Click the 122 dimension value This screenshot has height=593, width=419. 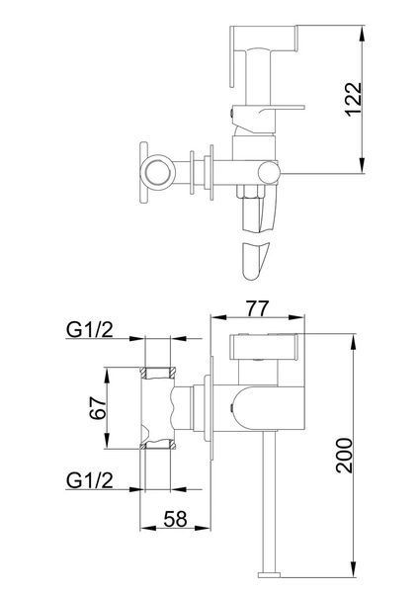pyautogui.click(x=354, y=100)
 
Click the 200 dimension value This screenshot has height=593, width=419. pyautogui.click(x=344, y=455)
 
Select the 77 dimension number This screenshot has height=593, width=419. pyautogui.click(x=257, y=309)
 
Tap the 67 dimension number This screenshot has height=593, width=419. pyautogui.click(x=98, y=407)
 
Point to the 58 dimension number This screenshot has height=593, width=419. pyautogui.click(x=176, y=519)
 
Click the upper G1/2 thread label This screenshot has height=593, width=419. pyautogui.click(x=90, y=330)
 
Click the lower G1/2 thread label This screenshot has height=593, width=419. pyautogui.click(x=90, y=480)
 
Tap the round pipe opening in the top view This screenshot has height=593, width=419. pyautogui.click(x=157, y=174)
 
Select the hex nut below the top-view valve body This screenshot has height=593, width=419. pyautogui.click(x=249, y=192)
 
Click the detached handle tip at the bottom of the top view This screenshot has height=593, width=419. pyautogui.click(x=256, y=260)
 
